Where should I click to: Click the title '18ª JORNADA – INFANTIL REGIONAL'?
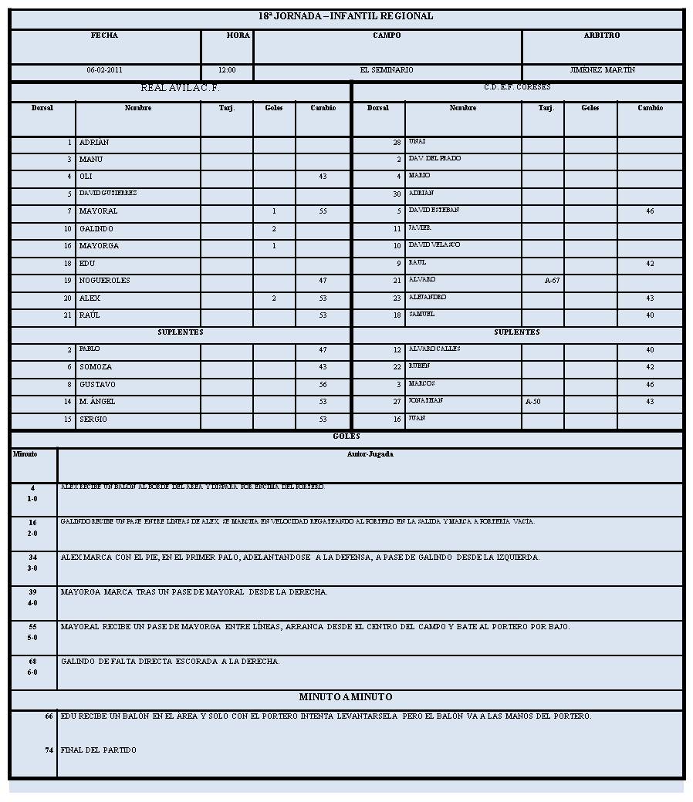pos(346,16)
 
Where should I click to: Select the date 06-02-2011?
pos(105,70)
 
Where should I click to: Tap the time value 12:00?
pos(227,70)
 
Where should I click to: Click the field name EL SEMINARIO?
pos(387,70)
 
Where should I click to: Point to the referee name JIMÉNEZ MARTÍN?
pos(602,70)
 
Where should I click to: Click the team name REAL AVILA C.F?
pos(180,88)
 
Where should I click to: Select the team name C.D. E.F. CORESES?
pos(517,87)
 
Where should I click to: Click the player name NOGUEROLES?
pos(105,281)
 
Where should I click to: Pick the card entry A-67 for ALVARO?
pos(552,281)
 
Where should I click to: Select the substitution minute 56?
pos(323,385)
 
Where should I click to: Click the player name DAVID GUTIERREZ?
pos(108,193)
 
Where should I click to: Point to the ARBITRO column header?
pos(602,35)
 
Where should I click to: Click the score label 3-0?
pos(32,568)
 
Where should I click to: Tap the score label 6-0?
pos(32,672)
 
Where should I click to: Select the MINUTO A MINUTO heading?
pos(346,697)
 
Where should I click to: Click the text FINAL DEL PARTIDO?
pos(99,750)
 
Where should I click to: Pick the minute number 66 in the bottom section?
pos(49,716)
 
